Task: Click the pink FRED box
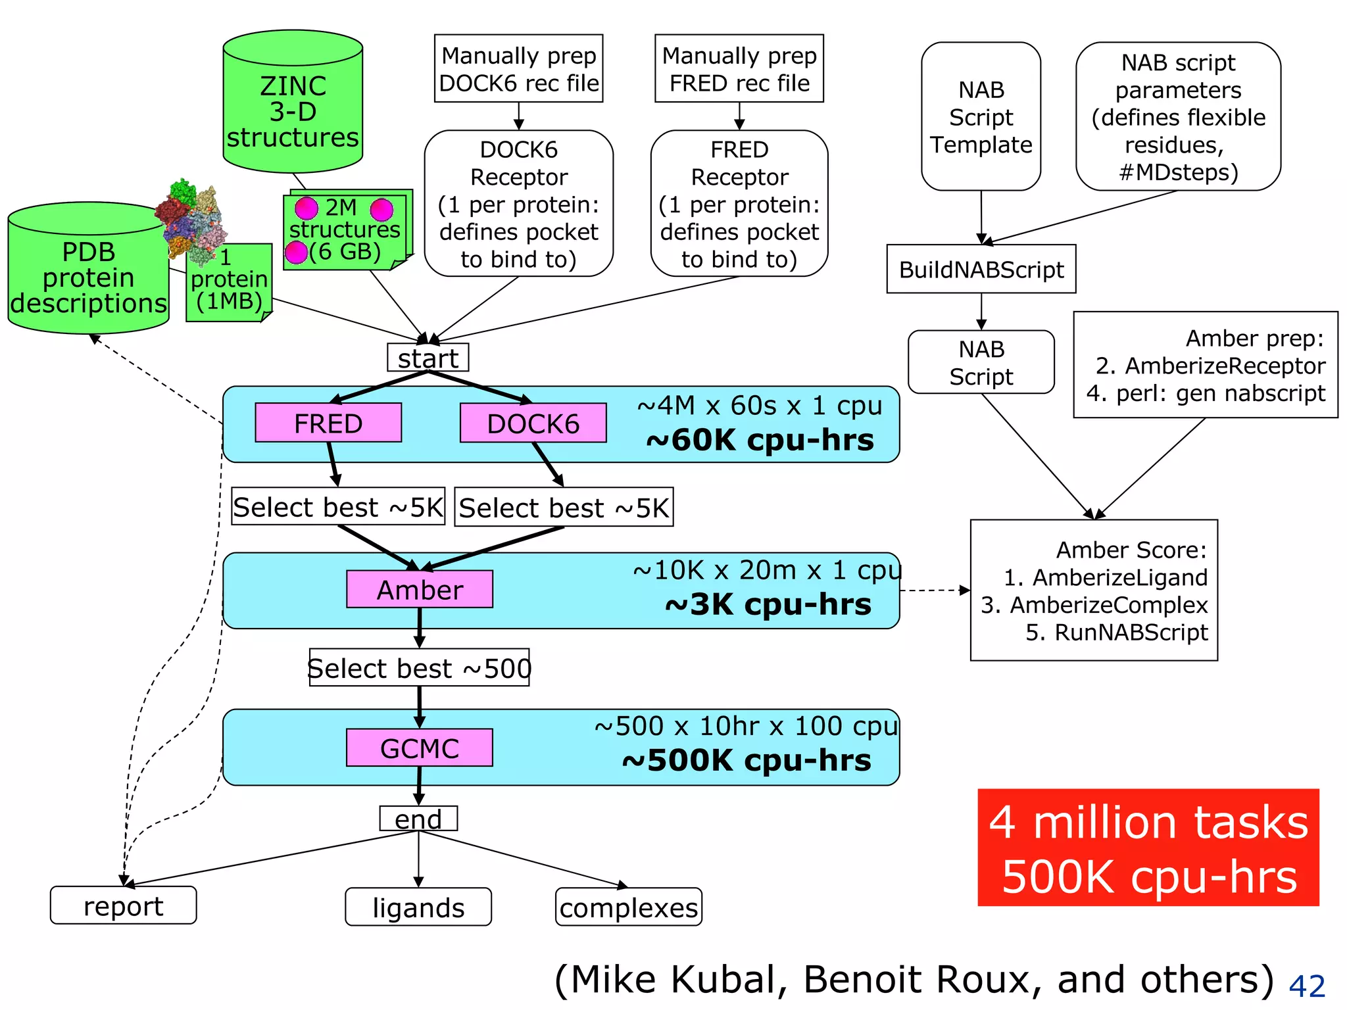click(328, 423)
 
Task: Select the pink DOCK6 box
click(533, 423)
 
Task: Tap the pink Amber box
click(419, 589)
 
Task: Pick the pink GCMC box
click(419, 748)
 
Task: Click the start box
click(428, 358)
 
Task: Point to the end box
click(418, 819)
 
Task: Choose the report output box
click(123, 905)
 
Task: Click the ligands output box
click(418, 907)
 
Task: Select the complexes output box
click(628, 907)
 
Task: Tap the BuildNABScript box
click(981, 269)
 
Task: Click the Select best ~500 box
click(419, 667)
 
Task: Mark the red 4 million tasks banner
click(1148, 848)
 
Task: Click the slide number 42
click(1306, 986)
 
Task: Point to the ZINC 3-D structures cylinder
click(293, 105)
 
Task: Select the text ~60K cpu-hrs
click(760, 440)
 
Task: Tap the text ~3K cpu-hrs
click(768, 604)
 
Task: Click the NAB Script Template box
click(981, 116)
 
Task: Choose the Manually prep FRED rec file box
click(739, 68)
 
